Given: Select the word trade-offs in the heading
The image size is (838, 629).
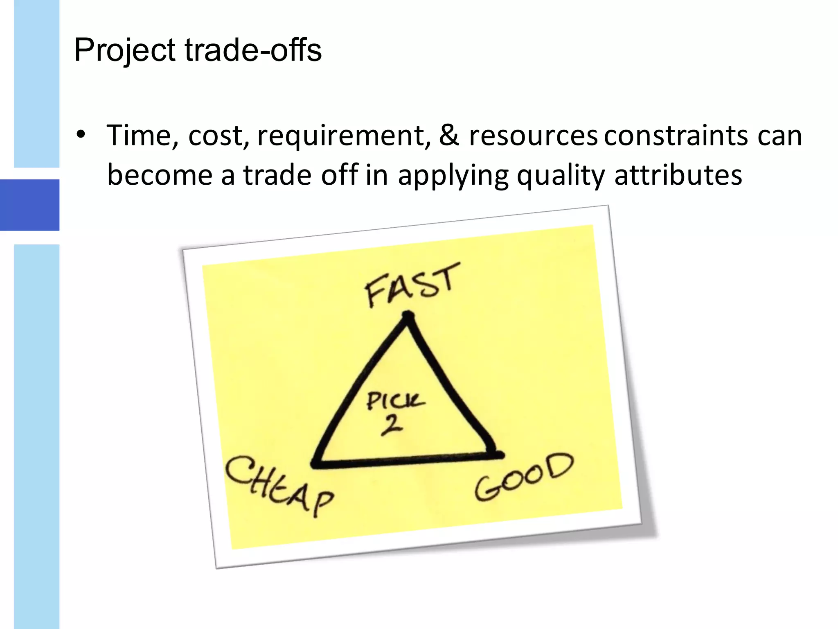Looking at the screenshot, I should [x=253, y=50].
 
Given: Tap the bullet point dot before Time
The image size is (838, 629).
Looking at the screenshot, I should [x=81, y=134].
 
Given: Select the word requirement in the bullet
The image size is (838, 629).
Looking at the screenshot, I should [x=343, y=136].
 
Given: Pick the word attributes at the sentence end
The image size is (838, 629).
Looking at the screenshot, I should [x=678, y=175].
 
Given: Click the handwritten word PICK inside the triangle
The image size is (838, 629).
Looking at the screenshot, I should [x=394, y=401].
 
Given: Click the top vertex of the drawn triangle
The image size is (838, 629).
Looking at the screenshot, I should [x=408, y=317].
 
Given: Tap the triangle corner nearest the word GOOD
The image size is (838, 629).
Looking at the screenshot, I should [x=496, y=455].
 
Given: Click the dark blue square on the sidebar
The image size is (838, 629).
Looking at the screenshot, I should [x=29, y=205].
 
